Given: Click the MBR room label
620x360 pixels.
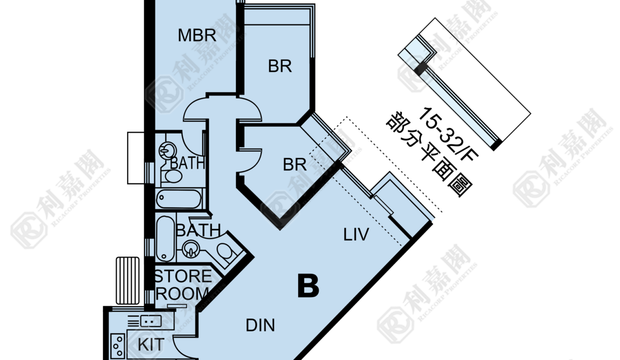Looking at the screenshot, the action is pyautogui.click(x=197, y=35).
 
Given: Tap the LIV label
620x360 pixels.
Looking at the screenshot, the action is pyautogui.click(x=356, y=234).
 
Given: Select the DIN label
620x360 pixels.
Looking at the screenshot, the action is pyautogui.click(x=260, y=325).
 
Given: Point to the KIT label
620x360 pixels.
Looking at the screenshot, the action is pyautogui.click(x=151, y=344).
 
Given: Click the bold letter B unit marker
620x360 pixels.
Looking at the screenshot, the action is pyautogui.click(x=308, y=286).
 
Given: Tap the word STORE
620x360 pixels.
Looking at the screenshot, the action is pyautogui.click(x=182, y=276).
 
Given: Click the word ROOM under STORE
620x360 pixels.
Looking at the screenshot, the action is pyautogui.click(x=182, y=293).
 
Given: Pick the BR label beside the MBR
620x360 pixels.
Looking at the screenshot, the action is pyautogui.click(x=280, y=66).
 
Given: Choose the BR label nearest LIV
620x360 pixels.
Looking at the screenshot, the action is pyautogui.click(x=294, y=164).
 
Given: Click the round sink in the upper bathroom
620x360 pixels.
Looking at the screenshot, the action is pyautogui.click(x=167, y=151).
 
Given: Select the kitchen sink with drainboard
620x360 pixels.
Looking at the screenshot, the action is pyautogui.click(x=144, y=321).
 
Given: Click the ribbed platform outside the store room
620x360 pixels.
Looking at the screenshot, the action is pyautogui.click(x=127, y=280).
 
